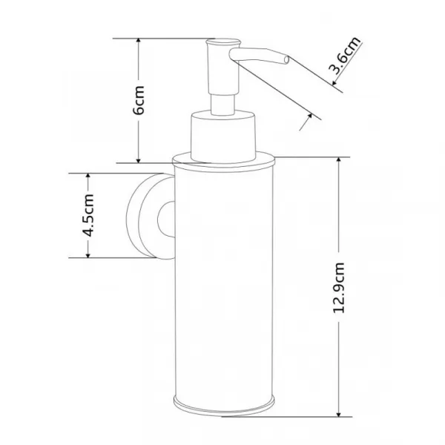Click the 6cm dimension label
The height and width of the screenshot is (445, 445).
(139, 99)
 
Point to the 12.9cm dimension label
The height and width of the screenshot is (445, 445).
(339, 288)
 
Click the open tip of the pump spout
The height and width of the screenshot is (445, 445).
(286, 60)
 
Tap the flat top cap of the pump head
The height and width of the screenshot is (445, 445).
(223, 42)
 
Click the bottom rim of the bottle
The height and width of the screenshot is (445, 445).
(224, 405)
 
